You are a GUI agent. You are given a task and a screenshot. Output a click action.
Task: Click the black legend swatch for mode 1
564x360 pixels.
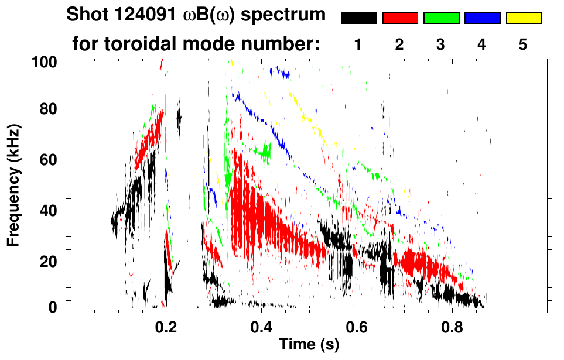(x=358, y=18)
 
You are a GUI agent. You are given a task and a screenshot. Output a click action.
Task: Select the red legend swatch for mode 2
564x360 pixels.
(x=400, y=18)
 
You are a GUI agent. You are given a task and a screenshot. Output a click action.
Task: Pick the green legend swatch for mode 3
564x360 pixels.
(x=441, y=18)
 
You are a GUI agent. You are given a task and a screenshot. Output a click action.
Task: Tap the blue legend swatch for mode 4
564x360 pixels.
(x=482, y=18)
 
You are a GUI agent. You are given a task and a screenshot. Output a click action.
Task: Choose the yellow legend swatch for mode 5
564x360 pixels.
(x=524, y=18)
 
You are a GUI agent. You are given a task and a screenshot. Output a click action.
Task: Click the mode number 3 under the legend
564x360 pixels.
(x=441, y=44)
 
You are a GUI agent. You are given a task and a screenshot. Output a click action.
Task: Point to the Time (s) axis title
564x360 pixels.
(x=309, y=345)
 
